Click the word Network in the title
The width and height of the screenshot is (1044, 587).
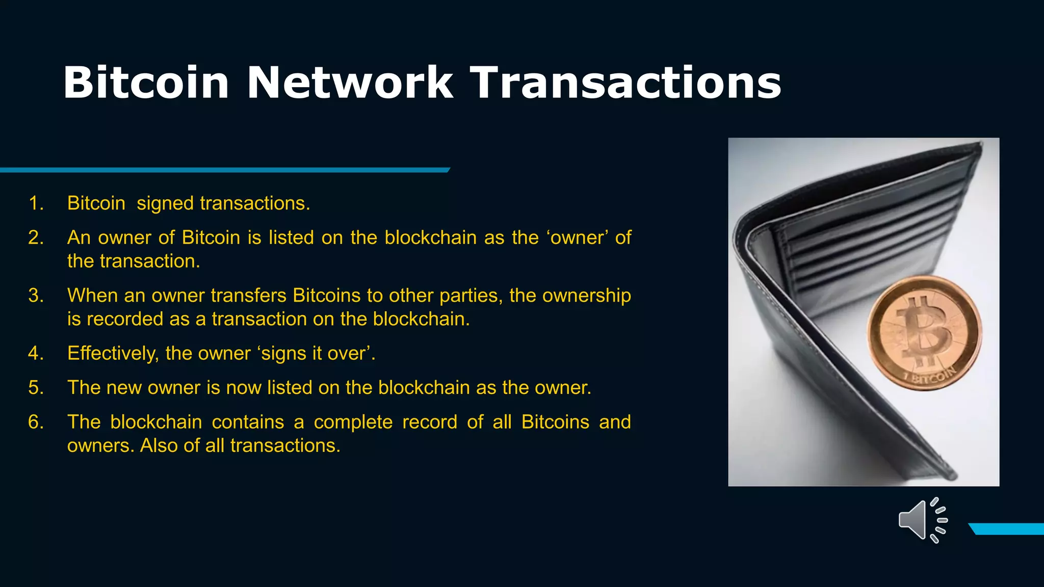pos(350,83)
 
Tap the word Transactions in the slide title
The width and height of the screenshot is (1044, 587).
pos(625,83)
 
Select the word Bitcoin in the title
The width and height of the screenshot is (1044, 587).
pos(146,83)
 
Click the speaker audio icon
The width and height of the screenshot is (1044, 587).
pos(922,520)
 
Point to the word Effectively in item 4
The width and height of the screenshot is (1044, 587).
pos(113,353)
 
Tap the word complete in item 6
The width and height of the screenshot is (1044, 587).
pos(353,422)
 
